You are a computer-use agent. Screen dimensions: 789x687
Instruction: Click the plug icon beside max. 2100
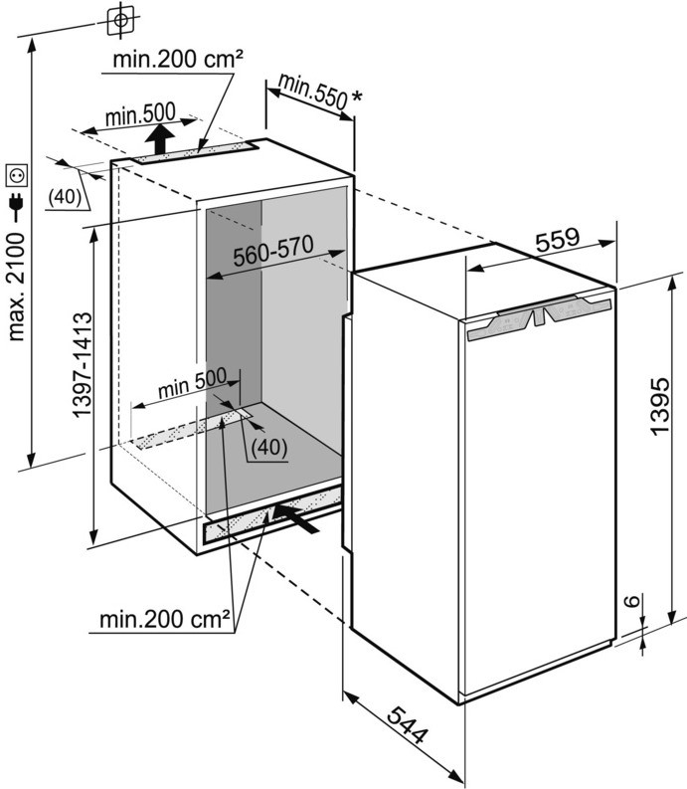click(17, 206)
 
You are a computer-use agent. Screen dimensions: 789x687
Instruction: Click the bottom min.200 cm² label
click(166, 620)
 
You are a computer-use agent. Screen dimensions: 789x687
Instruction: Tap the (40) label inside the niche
click(266, 448)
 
